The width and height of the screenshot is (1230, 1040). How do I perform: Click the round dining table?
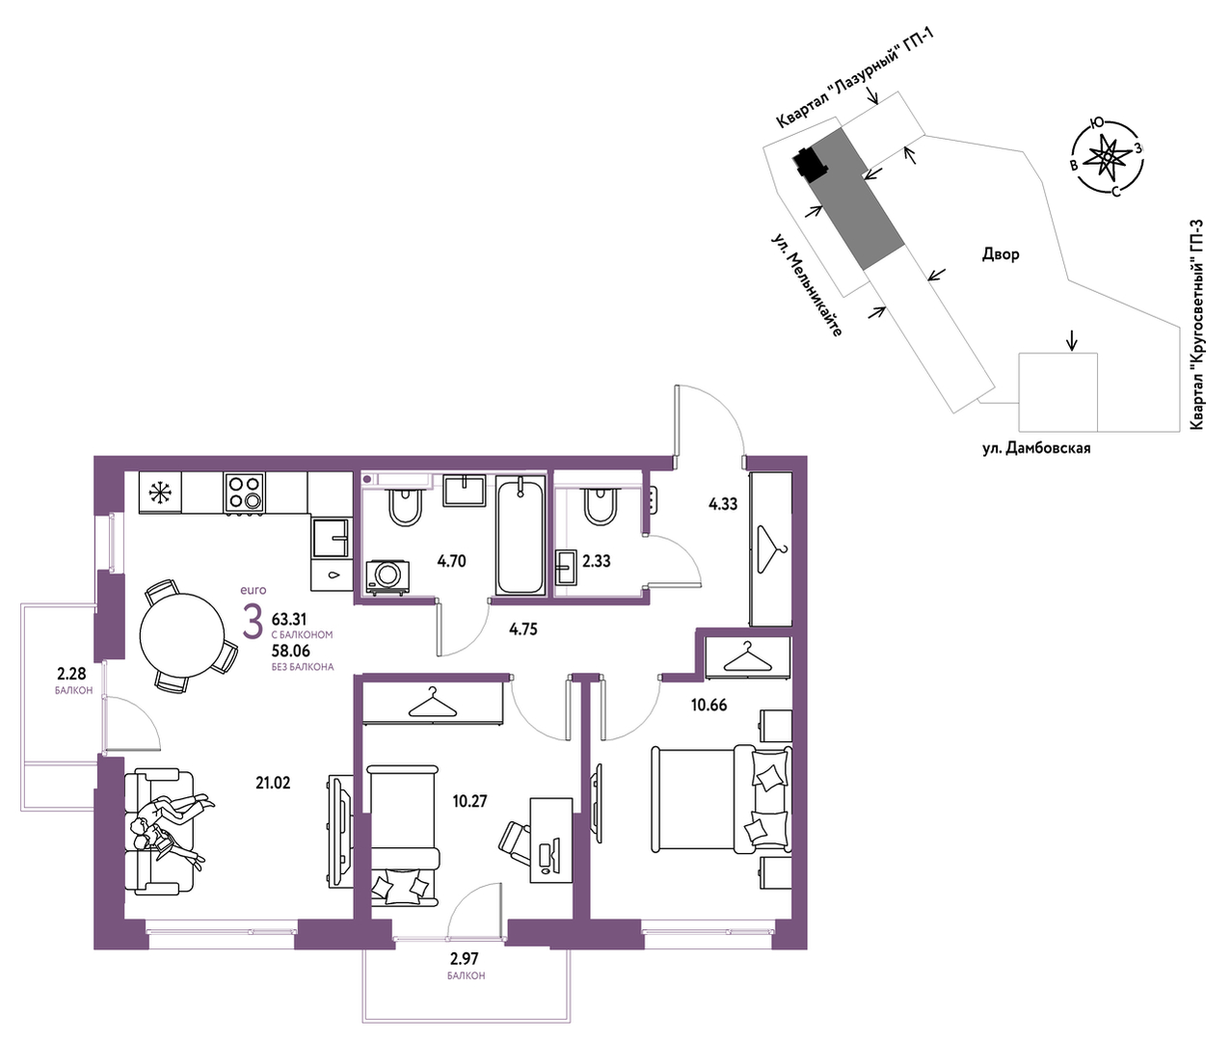pos(181,635)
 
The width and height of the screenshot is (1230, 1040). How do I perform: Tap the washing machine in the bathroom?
pos(388,576)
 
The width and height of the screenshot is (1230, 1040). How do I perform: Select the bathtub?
pos(521,538)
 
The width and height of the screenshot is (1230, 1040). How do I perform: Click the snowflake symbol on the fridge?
pos(159,492)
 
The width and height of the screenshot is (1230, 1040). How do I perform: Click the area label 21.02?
pos(273,783)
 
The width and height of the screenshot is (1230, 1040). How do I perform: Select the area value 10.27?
pos(470,801)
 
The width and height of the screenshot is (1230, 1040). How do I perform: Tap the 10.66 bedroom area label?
pos(709,705)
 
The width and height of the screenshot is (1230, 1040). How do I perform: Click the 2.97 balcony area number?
pos(465,958)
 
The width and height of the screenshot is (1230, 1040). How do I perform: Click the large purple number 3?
pos(253,621)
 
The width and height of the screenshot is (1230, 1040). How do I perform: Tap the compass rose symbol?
pos(1107,159)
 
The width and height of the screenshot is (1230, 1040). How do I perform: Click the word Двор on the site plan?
pos(1001,254)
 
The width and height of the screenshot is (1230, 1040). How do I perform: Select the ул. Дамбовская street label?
pos(1036,448)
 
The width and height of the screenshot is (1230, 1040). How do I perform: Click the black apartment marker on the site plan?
pos(810,163)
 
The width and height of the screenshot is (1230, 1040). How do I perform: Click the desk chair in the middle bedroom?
pos(514,840)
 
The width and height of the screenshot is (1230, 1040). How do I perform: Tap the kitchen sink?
pos(330,538)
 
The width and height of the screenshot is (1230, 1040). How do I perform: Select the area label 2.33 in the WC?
pos(597,560)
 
